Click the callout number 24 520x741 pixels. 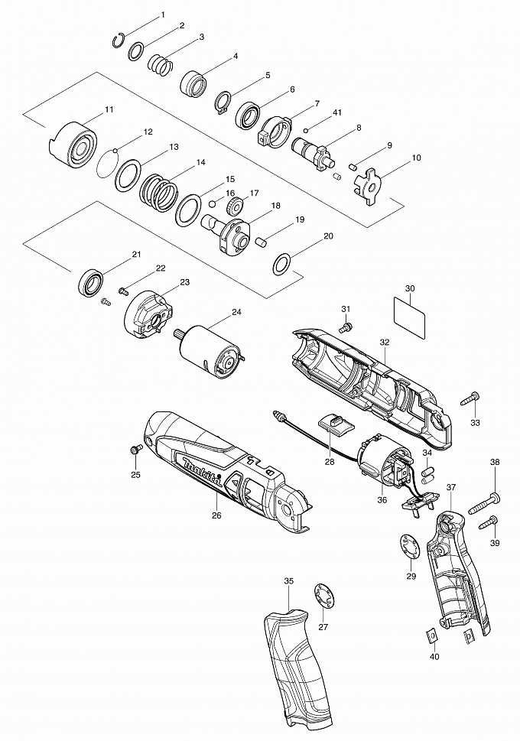(x=236, y=312)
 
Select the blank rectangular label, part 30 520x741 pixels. (x=411, y=312)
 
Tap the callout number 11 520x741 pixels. (x=109, y=110)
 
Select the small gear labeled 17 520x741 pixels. (x=236, y=206)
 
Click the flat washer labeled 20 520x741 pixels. (x=282, y=265)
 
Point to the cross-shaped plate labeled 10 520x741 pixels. (x=369, y=183)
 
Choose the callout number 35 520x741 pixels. (x=289, y=582)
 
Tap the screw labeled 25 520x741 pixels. (x=137, y=451)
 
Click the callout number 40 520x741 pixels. (x=434, y=657)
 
